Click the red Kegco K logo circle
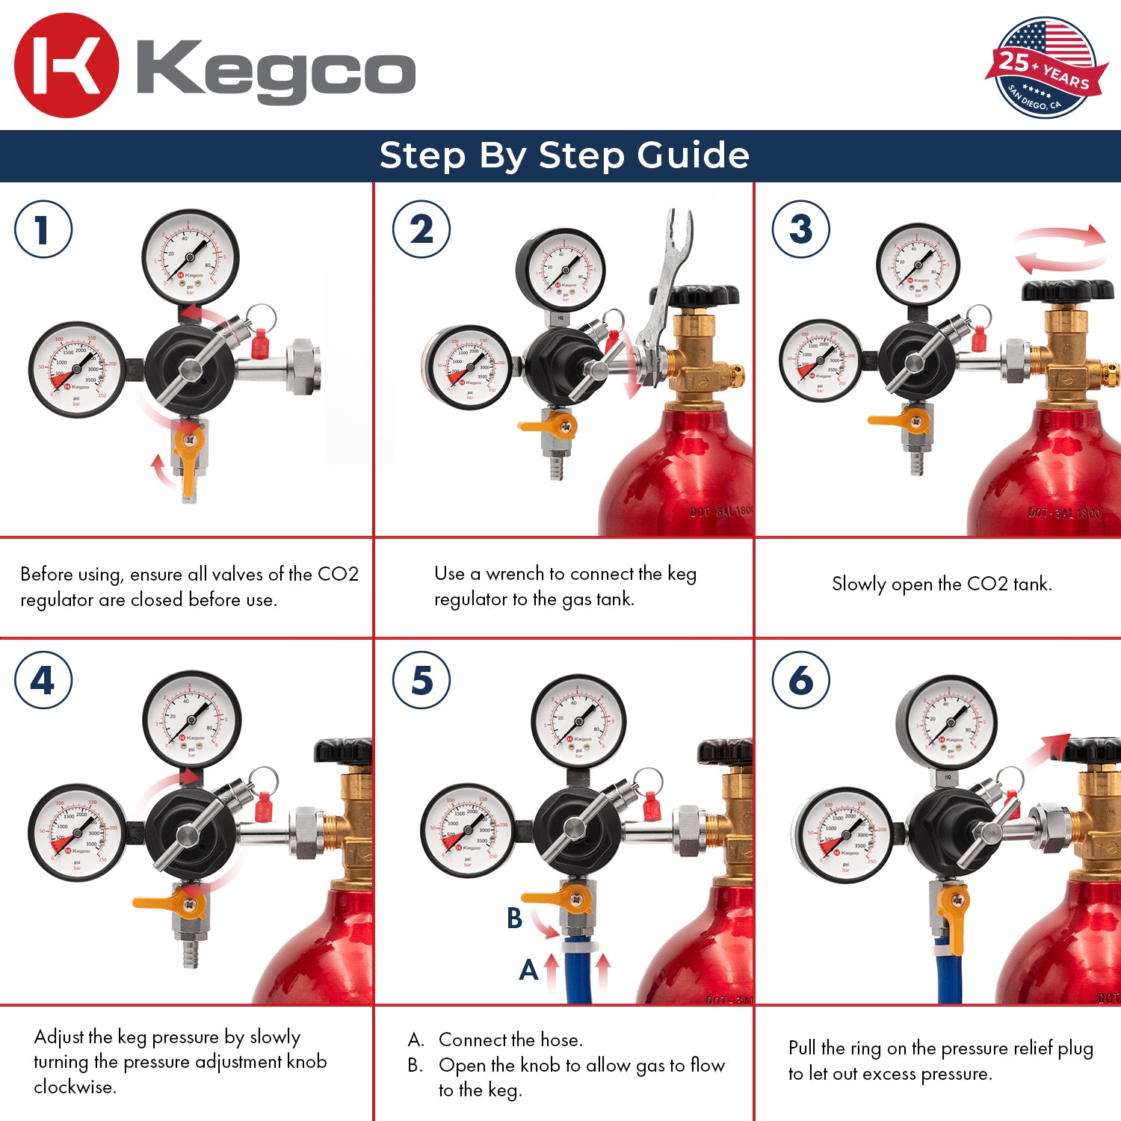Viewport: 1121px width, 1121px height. [x=66, y=66]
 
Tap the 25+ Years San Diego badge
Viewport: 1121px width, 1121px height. [x=1046, y=69]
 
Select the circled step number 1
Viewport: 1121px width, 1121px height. [x=43, y=229]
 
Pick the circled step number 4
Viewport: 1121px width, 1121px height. [x=43, y=680]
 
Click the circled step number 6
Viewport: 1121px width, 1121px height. [x=800, y=680]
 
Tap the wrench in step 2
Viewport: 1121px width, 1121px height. [x=665, y=299]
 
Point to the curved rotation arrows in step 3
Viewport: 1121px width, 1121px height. [x=1060, y=249]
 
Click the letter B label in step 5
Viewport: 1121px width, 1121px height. [x=514, y=918]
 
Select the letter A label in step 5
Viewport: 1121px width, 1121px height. [x=528, y=970]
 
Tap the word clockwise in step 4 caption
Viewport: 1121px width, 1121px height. [x=75, y=1087]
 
